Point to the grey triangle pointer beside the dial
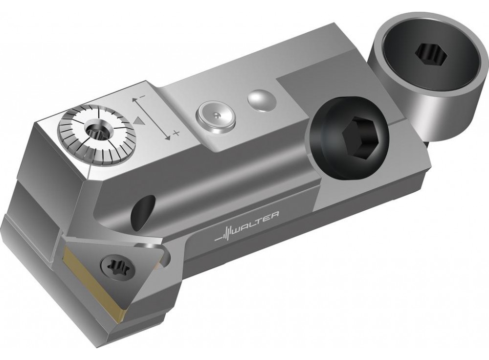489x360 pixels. click(139, 120)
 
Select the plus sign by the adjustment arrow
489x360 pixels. click(177, 133)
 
